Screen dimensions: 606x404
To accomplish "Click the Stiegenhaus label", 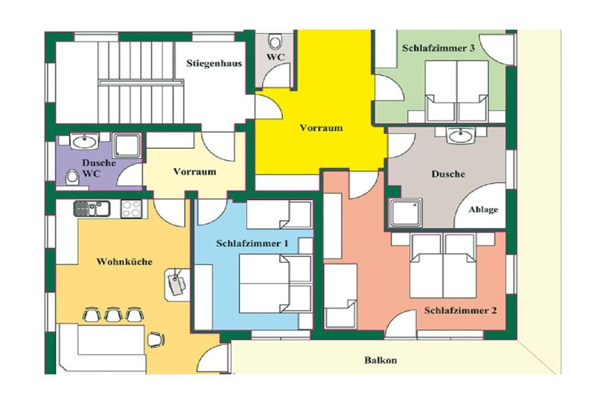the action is tap(214, 63).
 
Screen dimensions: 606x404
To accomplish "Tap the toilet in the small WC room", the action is tap(275, 41).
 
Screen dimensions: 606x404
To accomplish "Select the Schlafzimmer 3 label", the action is tap(439, 49).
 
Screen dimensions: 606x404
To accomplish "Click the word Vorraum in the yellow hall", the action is tap(321, 127).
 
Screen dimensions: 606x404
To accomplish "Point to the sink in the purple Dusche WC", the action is tap(85, 141).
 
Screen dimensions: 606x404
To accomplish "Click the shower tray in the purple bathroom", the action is tap(127, 146).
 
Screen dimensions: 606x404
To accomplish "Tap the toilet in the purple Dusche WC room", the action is tap(72, 177).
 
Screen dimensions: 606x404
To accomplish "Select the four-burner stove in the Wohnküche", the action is tap(131, 209).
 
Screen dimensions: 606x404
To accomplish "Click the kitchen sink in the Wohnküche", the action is tap(92, 209).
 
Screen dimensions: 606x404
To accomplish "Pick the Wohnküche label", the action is tap(124, 261).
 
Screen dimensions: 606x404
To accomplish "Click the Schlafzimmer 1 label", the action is tap(252, 243).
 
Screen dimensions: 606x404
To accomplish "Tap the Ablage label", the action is tap(483, 210).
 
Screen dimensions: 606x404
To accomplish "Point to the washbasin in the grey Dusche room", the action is tap(460, 136).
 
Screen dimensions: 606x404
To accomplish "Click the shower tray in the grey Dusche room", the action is tap(405, 213).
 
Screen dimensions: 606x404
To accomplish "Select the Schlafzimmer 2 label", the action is tap(460, 310).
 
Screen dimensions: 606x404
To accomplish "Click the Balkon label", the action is tap(381, 360).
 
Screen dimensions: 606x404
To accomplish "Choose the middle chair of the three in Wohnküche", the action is tap(113, 314).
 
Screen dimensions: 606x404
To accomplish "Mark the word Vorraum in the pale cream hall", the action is tap(194, 172).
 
